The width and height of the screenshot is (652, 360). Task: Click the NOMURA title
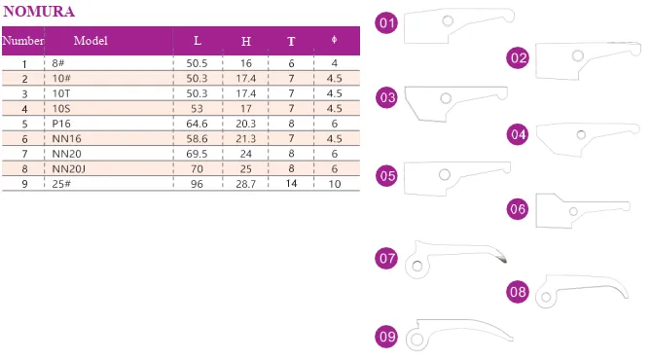pyautogui.click(x=39, y=12)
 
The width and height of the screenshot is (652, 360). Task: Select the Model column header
pyautogui.click(x=91, y=41)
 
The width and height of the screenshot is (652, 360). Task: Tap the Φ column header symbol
pyautogui.click(x=335, y=40)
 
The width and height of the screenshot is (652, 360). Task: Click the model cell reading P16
pyautogui.click(x=61, y=124)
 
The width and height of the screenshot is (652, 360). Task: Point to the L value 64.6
pyautogui.click(x=197, y=124)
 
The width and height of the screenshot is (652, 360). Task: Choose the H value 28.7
pyautogui.click(x=246, y=184)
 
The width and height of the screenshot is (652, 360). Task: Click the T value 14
pyautogui.click(x=291, y=183)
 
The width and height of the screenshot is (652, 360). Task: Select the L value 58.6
pyautogui.click(x=197, y=138)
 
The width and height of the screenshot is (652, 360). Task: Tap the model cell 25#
pyautogui.click(x=61, y=184)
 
